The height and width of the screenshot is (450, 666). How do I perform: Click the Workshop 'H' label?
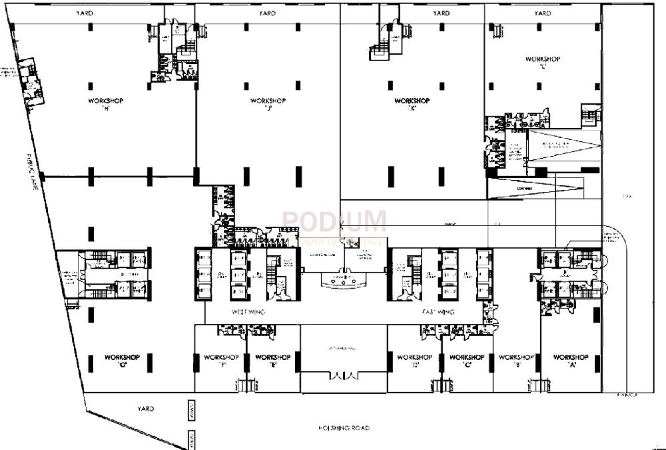105,104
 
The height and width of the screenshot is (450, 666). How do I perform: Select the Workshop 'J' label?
268,104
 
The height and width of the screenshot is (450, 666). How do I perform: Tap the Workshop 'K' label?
412,105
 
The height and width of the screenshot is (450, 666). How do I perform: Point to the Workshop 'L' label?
543,63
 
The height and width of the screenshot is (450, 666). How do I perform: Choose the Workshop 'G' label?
122,361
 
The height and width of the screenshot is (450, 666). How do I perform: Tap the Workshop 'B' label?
516,361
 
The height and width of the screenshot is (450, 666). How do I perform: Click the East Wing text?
438,312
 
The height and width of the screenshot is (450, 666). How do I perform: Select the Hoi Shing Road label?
344,428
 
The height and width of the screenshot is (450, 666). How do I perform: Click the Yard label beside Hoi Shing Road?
146,408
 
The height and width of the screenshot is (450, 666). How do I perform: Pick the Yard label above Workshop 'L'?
543,13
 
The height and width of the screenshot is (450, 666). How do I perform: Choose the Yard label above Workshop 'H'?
85,13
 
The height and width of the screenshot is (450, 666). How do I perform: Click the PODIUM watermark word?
334,221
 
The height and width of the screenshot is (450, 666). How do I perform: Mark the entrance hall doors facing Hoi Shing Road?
344,377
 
